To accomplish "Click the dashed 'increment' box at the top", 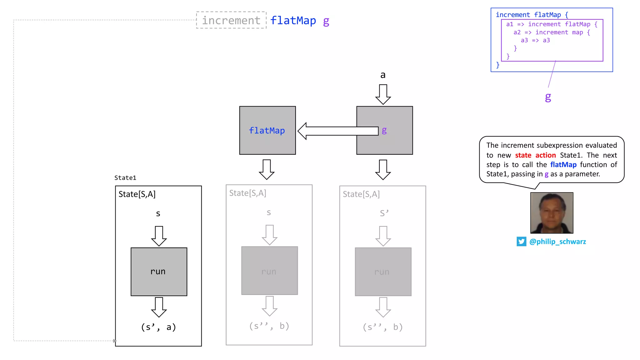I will click(x=231, y=20).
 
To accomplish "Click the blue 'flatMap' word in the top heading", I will click(x=293, y=21).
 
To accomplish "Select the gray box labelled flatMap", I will click(x=267, y=130).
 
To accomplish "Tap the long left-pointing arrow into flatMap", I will click(x=337, y=131).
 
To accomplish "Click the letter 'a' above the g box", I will click(x=383, y=75).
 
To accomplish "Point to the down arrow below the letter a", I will click(x=383, y=94).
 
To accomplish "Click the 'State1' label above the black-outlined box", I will click(x=125, y=178).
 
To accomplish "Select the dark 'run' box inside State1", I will click(x=159, y=272).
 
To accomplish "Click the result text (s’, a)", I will click(x=158, y=327).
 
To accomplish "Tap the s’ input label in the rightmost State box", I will click(x=384, y=213).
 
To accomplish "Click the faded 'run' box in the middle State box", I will click(x=269, y=271).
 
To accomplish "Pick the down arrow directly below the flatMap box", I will click(x=267, y=169).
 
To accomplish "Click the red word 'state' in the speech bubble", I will click(x=523, y=155).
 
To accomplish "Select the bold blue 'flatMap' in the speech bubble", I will click(x=563, y=165).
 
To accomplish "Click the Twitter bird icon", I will click(x=521, y=242).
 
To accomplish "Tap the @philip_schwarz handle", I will click(x=557, y=242).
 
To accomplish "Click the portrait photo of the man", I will click(x=552, y=213).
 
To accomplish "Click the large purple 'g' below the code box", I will click(x=548, y=97).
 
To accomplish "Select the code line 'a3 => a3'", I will click(x=535, y=40).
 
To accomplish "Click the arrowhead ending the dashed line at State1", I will click(x=115, y=341).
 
